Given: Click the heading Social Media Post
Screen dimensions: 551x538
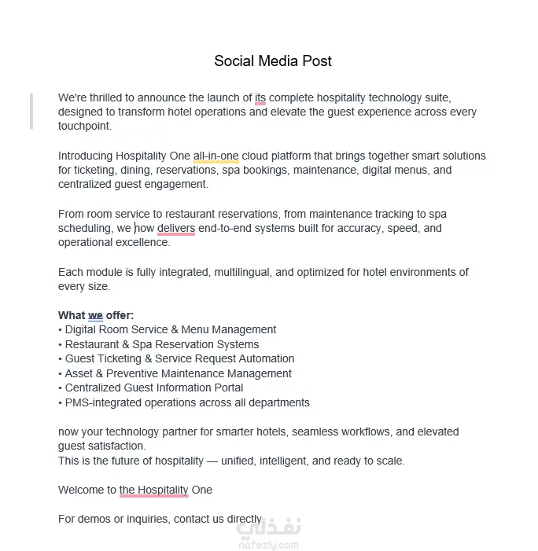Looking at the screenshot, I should coord(273,61).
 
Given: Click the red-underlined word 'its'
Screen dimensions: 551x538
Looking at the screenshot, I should coord(260,98).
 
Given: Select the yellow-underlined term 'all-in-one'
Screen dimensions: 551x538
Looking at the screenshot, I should coord(216,156).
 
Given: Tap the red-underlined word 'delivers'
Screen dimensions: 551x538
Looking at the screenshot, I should coord(176,229).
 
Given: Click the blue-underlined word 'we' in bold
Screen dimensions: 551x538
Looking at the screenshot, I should coord(95,316).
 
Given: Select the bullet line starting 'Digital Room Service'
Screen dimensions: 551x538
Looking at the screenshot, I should coord(170,330).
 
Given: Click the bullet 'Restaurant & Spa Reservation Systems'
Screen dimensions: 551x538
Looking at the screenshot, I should coord(161,344).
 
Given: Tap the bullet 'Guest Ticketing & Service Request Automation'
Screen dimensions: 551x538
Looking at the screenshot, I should coord(179,359).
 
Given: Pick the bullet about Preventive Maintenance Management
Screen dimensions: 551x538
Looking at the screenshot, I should coord(178,373).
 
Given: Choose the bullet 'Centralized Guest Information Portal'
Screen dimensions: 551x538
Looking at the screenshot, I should coord(153,388).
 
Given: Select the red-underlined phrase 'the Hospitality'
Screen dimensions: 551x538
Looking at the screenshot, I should coord(153,490).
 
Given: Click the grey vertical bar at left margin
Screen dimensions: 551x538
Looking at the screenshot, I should coord(31,110).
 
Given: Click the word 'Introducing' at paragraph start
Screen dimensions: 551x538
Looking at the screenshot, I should coord(85,156).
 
